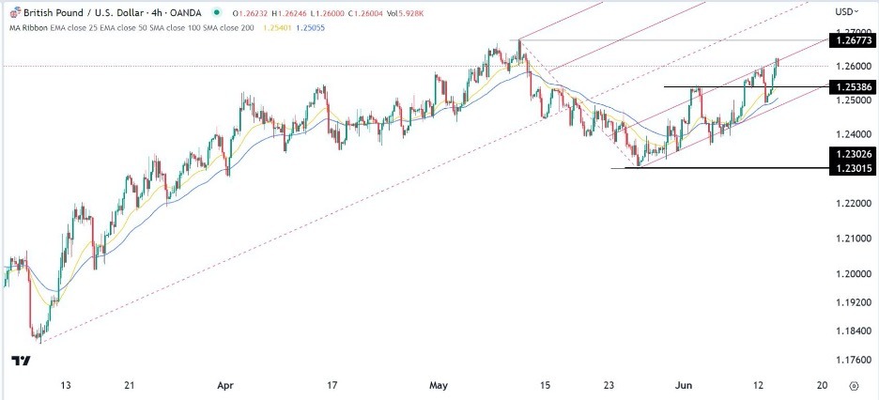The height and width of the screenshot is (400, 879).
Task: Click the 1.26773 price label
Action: (850, 40)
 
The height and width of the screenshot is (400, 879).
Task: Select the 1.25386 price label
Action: (850, 86)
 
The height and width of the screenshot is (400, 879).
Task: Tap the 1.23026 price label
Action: (850, 153)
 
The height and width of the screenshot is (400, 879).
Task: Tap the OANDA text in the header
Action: (185, 12)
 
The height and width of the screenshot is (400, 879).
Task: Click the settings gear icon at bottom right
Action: (853, 386)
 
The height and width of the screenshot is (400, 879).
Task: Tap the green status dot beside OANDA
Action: (218, 12)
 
